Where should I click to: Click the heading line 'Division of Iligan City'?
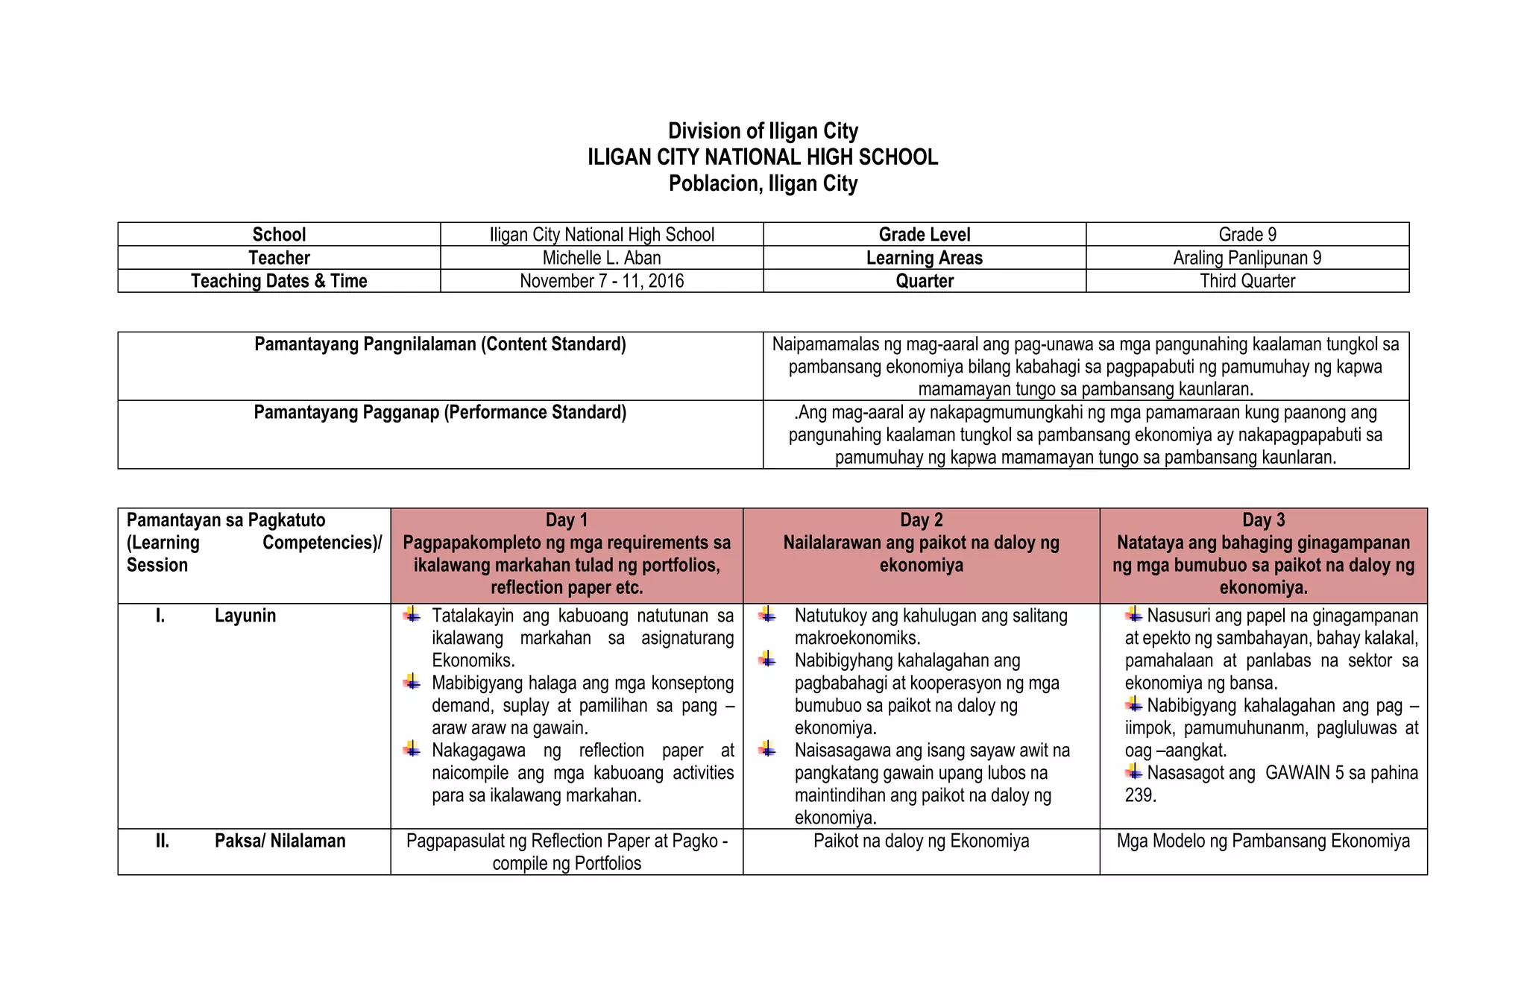[x=763, y=131]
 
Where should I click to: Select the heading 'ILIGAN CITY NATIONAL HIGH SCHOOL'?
[x=763, y=157]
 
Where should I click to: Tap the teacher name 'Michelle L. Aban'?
[x=602, y=258]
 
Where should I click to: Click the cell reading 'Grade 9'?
[x=1247, y=235]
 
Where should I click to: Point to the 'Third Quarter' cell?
[x=1247, y=281]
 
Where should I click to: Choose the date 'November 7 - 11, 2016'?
[x=602, y=281]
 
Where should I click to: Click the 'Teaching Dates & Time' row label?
[x=279, y=281]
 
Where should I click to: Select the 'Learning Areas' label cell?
[x=925, y=258]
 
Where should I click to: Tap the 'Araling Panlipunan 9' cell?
[x=1247, y=258]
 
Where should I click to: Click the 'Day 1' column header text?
[x=567, y=520]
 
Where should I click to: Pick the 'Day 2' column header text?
[x=922, y=520]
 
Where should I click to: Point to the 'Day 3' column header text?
[x=1264, y=520]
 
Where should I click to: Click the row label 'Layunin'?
[x=245, y=616]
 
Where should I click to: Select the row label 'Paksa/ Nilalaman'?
[x=280, y=841]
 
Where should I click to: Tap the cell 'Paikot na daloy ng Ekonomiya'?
[x=922, y=841]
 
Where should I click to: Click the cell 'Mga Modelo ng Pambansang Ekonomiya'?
[x=1264, y=841]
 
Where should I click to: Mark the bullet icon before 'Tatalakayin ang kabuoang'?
[x=412, y=615]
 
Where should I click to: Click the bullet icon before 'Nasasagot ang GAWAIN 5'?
[x=1134, y=771]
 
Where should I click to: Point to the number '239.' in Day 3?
[x=1141, y=795]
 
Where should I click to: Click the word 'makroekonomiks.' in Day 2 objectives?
[x=857, y=638]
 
